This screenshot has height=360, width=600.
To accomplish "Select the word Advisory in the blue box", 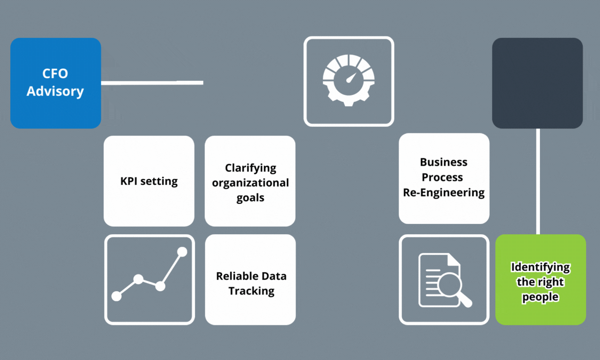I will point(55,91).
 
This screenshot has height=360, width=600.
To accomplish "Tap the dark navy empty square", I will point(537,83).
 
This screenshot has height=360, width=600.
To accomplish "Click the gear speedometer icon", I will point(348,81).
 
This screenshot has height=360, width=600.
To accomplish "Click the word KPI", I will point(130,181).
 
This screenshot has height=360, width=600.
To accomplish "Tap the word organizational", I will point(250,183).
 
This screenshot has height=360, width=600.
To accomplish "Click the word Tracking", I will point(251,291).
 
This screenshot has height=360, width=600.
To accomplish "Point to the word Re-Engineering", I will point(444,192).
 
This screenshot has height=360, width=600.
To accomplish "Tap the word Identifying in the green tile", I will point(540,267).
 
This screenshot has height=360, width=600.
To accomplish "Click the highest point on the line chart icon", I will point(182,252).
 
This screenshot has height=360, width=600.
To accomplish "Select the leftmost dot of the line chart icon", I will point(116,296).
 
